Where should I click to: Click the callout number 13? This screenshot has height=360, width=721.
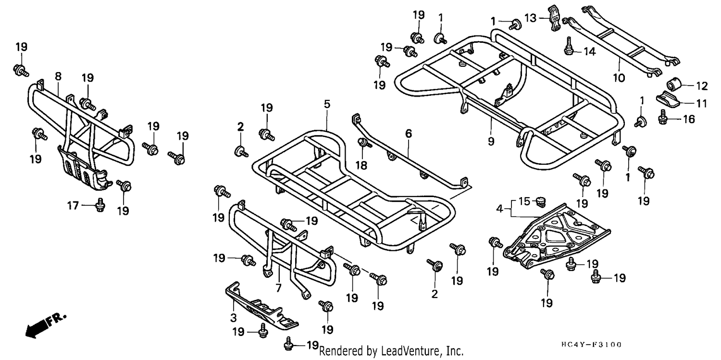coord(531,18)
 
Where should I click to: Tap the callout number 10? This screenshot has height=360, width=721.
coord(619,78)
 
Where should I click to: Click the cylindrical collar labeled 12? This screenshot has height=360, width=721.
coord(672,85)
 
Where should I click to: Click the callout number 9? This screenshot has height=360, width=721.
coord(491,141)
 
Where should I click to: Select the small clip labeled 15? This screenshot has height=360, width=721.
coord(541,202)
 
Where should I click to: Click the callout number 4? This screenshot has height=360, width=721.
coord(499,209)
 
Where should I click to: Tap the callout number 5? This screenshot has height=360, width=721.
coord(327,104)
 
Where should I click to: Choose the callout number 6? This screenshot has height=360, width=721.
coord(409,133)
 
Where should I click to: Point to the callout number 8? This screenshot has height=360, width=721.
coord(58,76)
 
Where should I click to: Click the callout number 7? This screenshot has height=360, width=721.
coord(278,287)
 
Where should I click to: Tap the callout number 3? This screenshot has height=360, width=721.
coord(233,318)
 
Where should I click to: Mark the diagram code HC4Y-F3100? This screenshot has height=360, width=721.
coord(592,345)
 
